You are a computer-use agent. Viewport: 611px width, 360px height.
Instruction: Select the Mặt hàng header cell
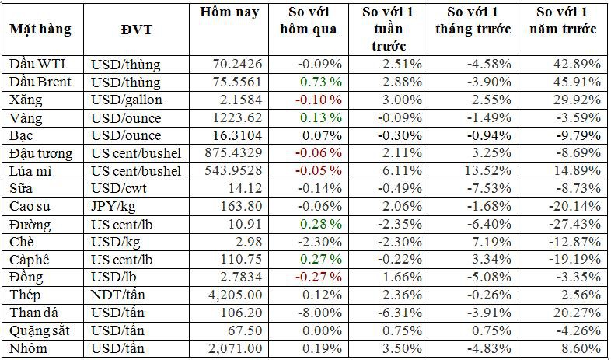[40, 29]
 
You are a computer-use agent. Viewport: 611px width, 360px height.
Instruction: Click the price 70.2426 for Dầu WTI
[234, 64]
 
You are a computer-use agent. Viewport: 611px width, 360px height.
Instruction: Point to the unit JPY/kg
[113, 206]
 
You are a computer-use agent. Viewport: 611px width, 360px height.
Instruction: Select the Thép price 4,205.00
[232, 295]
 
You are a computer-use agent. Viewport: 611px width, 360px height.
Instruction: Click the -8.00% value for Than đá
[320, 313]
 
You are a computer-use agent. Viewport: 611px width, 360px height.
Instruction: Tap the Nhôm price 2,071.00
[232, 349]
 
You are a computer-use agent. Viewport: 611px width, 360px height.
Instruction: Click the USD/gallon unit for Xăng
[125, 100]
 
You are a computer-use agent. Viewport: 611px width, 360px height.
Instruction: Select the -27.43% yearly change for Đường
[577, 224]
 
